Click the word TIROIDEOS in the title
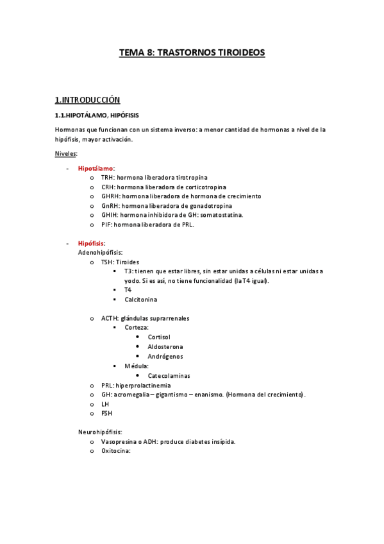pyautogui.click(x=239, y=53)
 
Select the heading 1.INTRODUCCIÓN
pyautogui.click(x=88, y=99)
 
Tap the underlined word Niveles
pyautogui.click(x=66, y=153)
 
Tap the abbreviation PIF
pyautogui.click(x=106, y=225)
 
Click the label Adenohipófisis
pyautogui.click(x=100, y=253)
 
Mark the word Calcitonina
pyautogui.click(x=141, y=300)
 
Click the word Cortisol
pyautogui.click(x=159, y=337)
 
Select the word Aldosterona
pyautogui.click(x=165, y=346)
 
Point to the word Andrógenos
pyautogui.click(x=165, y=356)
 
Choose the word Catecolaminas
pyautogui.click(x=169, y=376)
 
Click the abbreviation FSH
pyautogui.click(x=106, y=413)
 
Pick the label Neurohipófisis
pyautogui.click(x=100, y=432)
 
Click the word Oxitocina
pyautogui.click(x=115, y=451)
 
